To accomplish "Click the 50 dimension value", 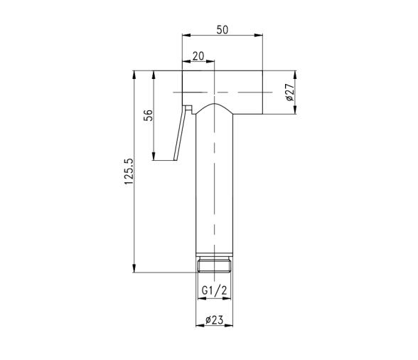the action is pos(223,30).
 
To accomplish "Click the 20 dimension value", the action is pos(198,56).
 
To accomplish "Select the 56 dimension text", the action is pos(149,115).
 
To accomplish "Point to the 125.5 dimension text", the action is pos(129,171).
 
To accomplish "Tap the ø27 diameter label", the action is pos(289,92).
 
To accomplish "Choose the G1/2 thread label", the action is pos(215,290).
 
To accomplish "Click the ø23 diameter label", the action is pos(215,319).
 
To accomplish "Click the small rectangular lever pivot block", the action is pos(189,108).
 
